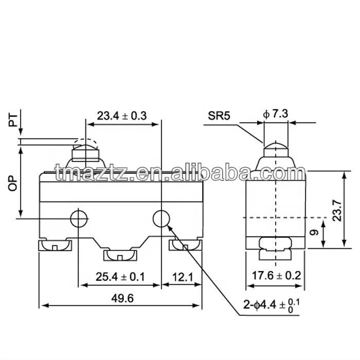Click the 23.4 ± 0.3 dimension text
(122, 116)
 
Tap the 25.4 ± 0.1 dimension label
(120, 277)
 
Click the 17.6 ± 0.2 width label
(275, 276)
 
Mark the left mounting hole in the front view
(79, 219)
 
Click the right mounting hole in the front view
(161, 219)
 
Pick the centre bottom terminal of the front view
(119, 255)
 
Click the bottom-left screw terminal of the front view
(55, 246)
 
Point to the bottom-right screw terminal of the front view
(184, 246)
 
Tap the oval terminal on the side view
(276, 243)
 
